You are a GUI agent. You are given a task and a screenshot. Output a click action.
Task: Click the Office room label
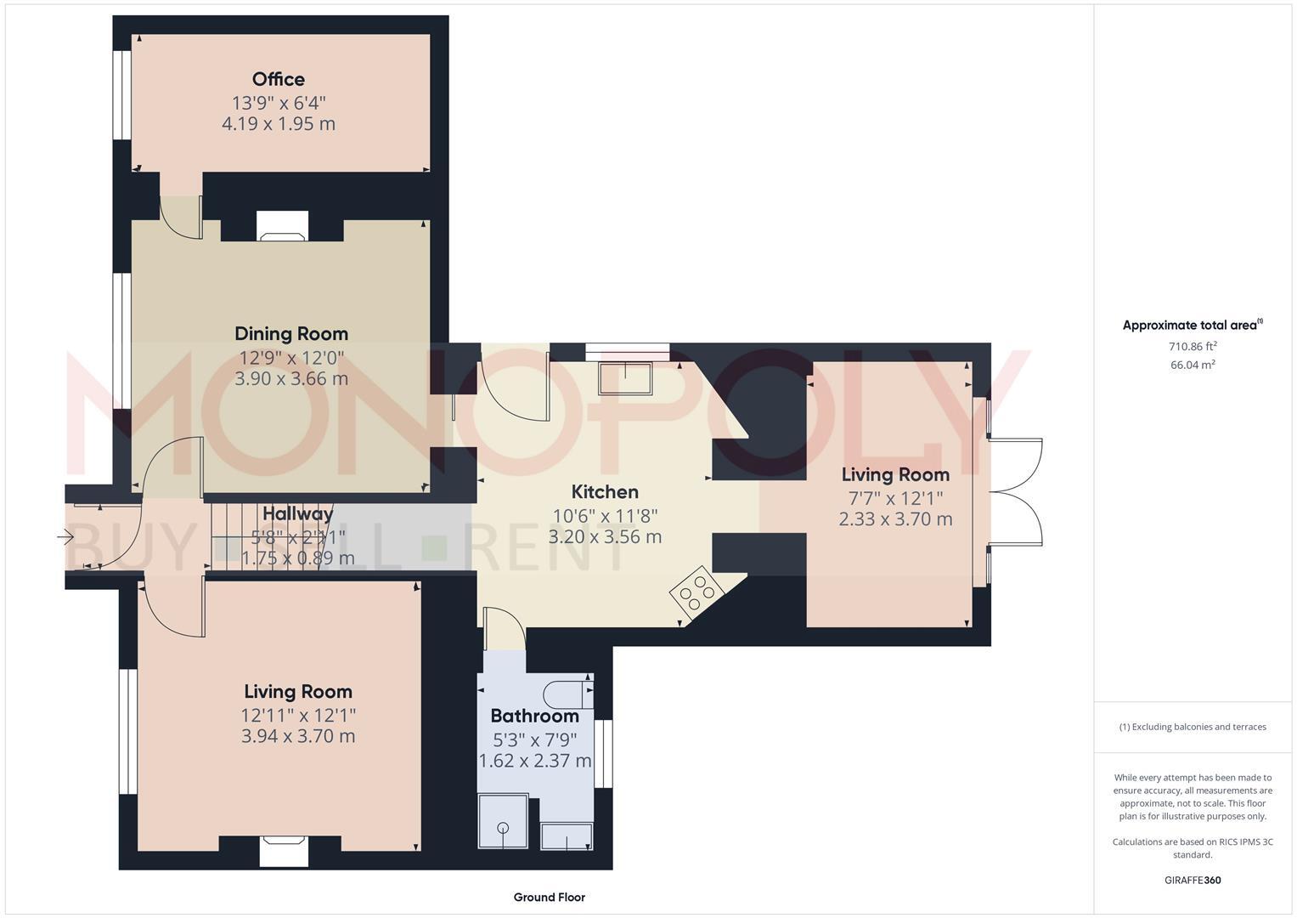[278, 79]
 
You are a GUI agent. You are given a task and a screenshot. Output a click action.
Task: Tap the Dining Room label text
[291, 334]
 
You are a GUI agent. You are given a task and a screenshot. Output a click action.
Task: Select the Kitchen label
[605, 492]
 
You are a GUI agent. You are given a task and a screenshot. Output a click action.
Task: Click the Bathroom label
[534, 717]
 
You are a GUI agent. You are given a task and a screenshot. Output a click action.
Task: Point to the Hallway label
[297, 514]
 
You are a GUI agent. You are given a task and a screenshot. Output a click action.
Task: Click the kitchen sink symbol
[625, 378]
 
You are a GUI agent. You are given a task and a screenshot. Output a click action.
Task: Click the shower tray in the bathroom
[503, 822]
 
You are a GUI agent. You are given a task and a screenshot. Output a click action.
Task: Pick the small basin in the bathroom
[567, 836]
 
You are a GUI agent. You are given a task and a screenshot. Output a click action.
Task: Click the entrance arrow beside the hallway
[65, 536]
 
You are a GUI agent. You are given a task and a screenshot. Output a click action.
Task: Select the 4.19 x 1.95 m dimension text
[279, 124]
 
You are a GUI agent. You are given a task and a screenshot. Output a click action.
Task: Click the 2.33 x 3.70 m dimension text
[895, 519]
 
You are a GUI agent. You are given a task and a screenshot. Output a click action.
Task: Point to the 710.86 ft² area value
[1192, 347]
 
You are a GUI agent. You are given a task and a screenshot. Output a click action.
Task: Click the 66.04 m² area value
[1192, 365]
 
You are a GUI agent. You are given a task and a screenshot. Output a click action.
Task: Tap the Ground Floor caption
[549, 897]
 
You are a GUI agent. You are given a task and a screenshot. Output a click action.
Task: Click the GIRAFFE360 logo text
[1192, 881]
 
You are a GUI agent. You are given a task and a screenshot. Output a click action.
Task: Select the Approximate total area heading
[1192, 326]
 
